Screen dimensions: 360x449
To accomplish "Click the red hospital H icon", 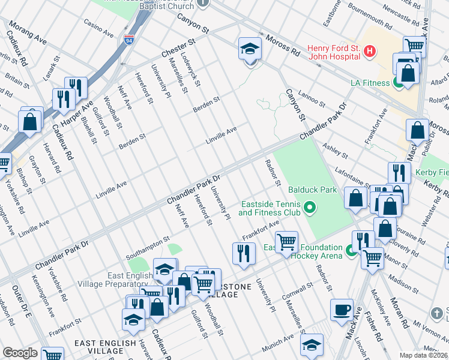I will click(370, 52).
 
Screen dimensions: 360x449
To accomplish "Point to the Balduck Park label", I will click(309, 190).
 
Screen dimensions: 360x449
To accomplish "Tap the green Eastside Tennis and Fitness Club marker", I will click(309, 208).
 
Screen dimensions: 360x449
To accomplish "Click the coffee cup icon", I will click(342, 310).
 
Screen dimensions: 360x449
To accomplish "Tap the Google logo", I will click(20, 353).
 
